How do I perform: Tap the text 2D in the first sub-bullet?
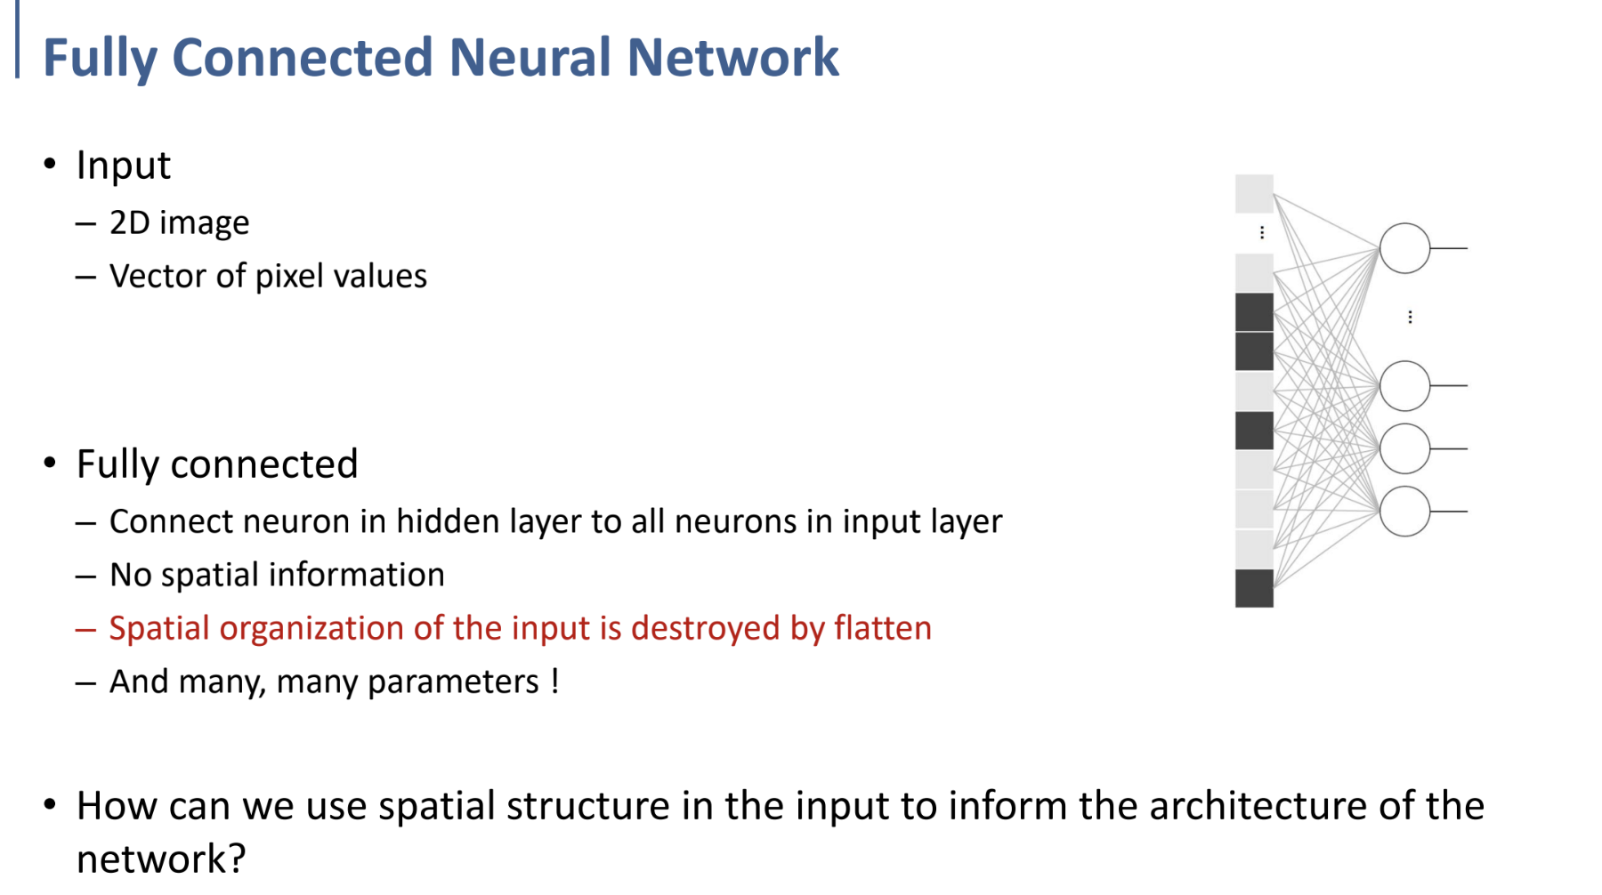click(129, 222)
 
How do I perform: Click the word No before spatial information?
click(131, 575)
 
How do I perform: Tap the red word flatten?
click(883, 628)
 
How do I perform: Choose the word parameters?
click(453, 682)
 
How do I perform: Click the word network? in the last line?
click(160, 859)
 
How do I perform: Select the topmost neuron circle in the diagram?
click(1404, 248)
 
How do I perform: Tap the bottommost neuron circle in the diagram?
click(1404, 512)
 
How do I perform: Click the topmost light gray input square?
click(1254, 194)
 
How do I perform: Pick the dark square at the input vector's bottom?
click(1254, 588)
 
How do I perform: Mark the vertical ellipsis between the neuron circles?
click(1410, 317)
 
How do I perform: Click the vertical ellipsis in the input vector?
click(1262, 233)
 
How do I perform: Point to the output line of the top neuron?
click(1449, 248)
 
